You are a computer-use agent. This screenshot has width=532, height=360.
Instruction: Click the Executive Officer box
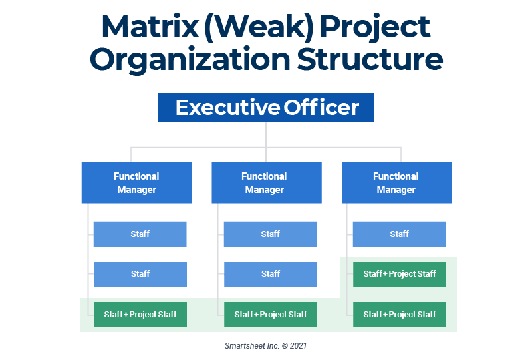tap(266, 108)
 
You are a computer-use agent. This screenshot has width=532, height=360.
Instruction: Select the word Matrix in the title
tap(150, 27)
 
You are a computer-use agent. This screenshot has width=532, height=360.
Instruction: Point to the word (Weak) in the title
tap(259, 28)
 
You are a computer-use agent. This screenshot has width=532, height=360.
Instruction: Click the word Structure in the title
tap(370, 59)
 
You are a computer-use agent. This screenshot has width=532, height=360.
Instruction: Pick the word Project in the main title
tap(375, 29)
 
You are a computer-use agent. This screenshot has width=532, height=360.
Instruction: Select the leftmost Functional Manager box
tap(136, 183)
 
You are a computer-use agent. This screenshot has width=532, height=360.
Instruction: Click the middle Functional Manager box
tap(267, 183)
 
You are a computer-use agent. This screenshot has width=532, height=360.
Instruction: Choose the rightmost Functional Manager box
tap(396, 183)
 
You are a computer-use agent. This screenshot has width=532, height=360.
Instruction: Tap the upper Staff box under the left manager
tap(140, 234)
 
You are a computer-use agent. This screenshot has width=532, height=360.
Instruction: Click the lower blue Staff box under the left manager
tap(140, 274)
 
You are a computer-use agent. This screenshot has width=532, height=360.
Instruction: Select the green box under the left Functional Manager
tap(140, 315)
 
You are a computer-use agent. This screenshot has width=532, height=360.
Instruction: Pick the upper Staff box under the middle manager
tap(271, 234)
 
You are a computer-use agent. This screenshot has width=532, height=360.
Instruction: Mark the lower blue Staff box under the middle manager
tap(271, 274)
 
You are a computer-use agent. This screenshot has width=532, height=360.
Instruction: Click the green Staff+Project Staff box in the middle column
tap(271, 315)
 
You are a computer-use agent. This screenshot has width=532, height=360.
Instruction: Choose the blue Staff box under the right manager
tap(400, 234)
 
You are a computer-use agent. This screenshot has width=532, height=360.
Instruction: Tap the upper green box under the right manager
tap(400, 274)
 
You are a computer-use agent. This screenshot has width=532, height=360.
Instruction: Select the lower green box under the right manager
tap(400, 315)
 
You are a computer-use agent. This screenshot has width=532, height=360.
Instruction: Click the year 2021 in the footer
tap(298, 346)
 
